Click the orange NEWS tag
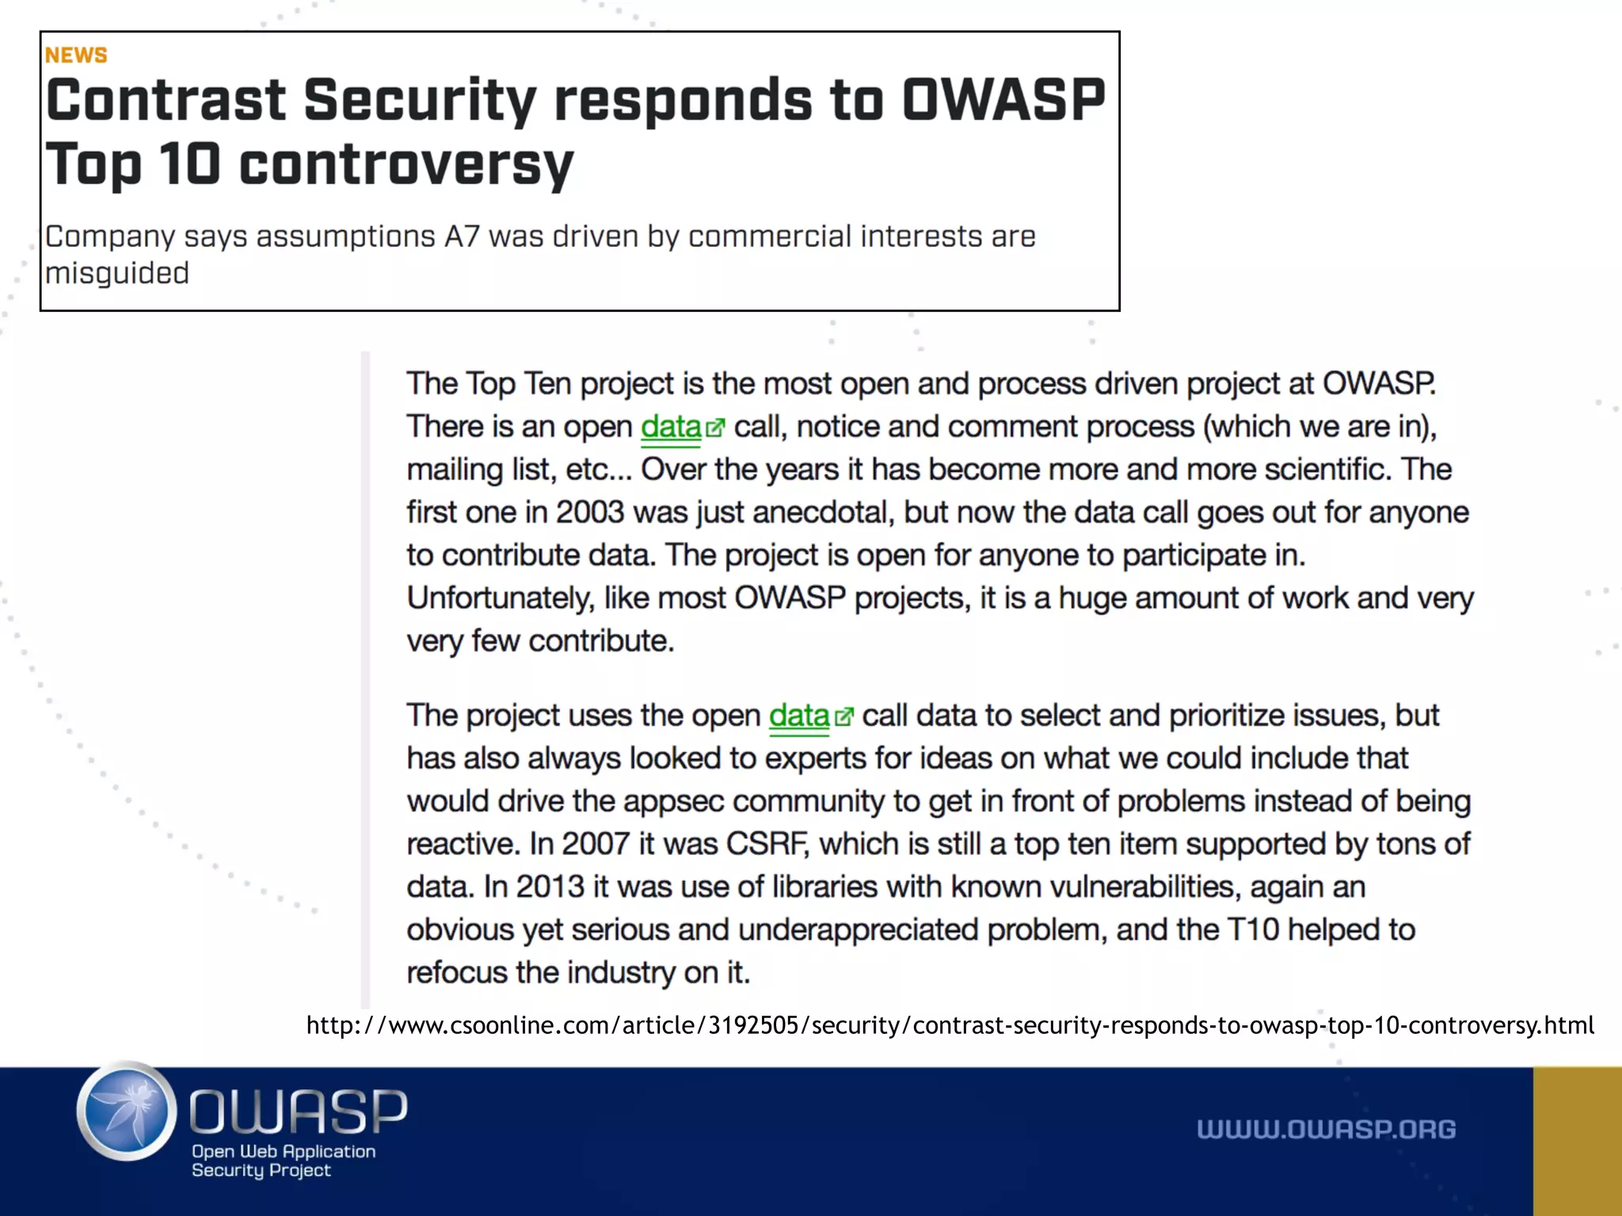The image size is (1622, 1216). point(76,55)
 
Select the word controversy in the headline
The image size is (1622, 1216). point(406,165)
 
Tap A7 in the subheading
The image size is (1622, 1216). point(462,237)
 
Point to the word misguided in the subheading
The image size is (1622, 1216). point(117,273)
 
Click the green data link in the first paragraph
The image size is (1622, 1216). point(671,427)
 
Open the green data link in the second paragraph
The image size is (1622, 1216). point(798,716)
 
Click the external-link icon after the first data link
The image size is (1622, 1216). point(715,428)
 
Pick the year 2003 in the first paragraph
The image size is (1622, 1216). point(590,512)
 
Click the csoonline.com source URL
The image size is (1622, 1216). point(950,1025)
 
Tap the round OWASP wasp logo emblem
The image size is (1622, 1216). point(127,1111)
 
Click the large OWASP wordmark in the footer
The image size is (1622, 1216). point(299,1111)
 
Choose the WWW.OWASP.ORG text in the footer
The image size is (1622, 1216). point(1326,1129)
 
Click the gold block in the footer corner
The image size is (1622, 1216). point(1577,1141)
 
